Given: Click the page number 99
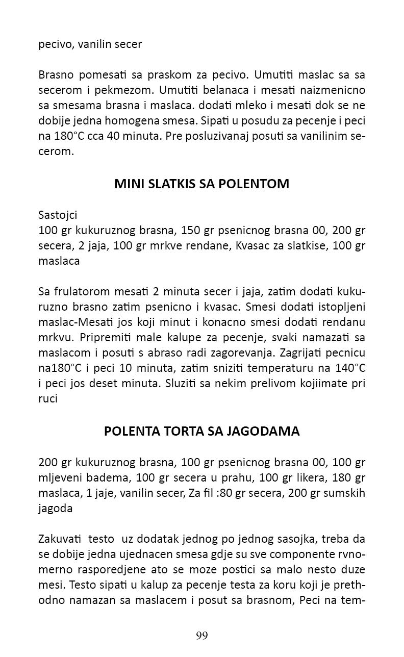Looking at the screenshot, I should click(201, 636).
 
